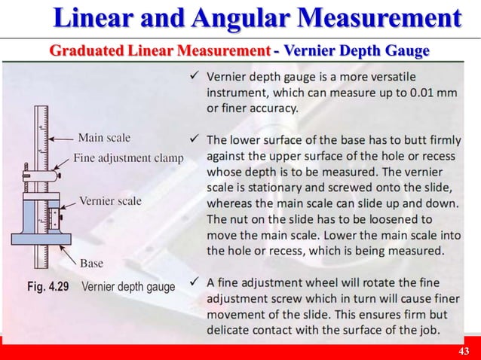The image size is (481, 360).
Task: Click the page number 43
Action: click(464, 352)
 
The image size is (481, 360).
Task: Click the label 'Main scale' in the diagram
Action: click(104, 138)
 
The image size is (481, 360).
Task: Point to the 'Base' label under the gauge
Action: click(92, 264)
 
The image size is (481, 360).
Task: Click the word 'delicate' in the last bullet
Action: click(231, 331)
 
